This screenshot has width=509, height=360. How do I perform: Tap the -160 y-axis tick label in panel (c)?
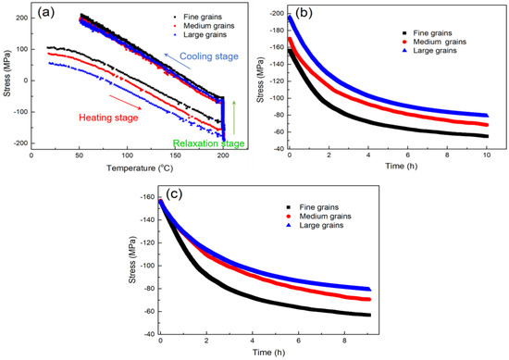pyautogui.click(x=146, y=201)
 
